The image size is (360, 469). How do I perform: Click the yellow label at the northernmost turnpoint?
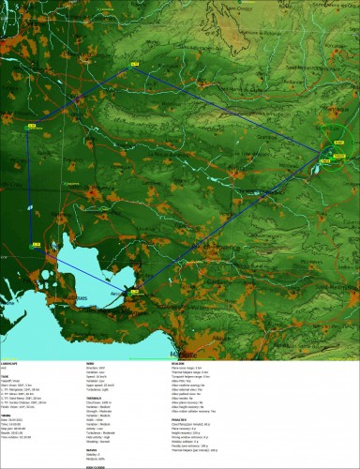(x=133, y=64)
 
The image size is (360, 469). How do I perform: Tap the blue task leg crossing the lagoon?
(x=89, y=273)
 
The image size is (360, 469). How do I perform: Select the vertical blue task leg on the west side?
(x=29, y=188)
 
